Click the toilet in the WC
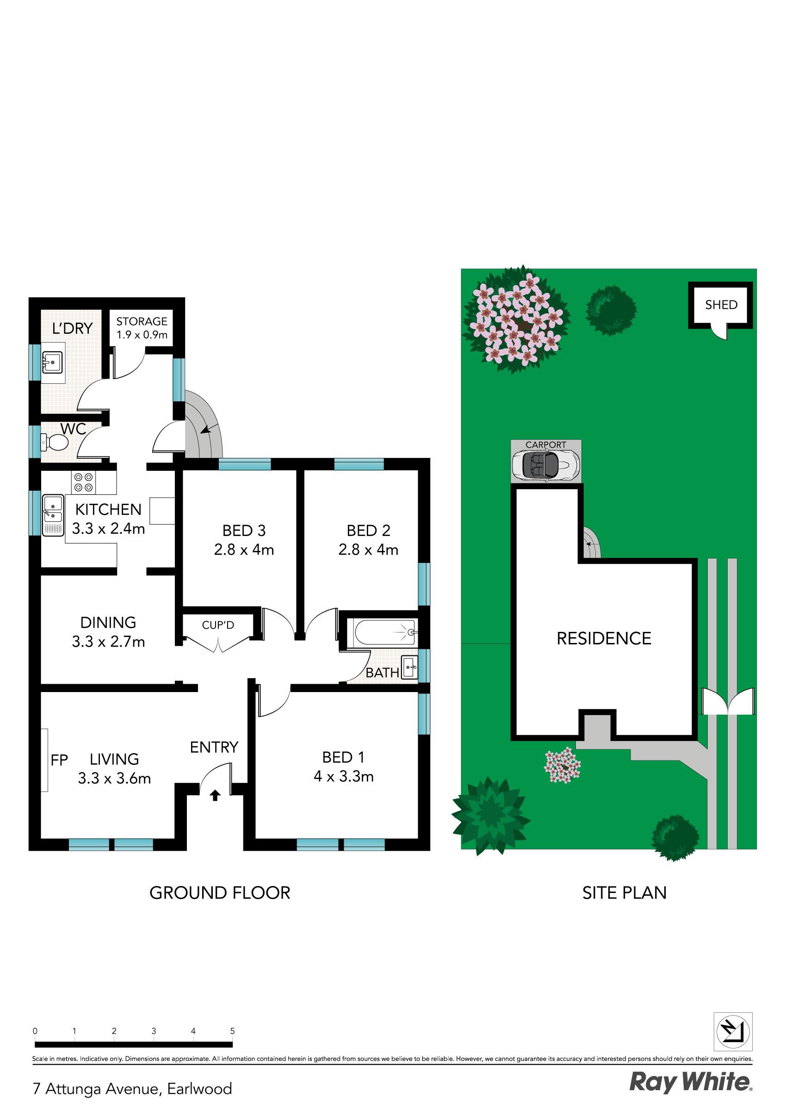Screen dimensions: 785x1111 click(54, 442)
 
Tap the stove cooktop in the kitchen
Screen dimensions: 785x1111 click(83, 482)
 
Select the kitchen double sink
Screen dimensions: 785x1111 click(53, 515)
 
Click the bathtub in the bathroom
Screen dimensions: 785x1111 click(384, 632)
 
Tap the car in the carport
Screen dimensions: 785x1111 click(545, 466)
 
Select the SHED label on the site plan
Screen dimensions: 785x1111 click(721, 305)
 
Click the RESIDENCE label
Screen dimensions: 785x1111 click(604, 638)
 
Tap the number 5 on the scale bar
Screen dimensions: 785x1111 click(232, 1030)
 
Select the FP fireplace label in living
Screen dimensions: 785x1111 click(59, 760)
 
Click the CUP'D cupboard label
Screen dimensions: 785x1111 click(218, 625)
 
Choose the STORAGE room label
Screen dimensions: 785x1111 click(142, 321)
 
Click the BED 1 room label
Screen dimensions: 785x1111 click(343, 757)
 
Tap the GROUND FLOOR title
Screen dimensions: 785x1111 click(220, 893)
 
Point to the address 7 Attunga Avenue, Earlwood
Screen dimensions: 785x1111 click(132, 1089)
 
